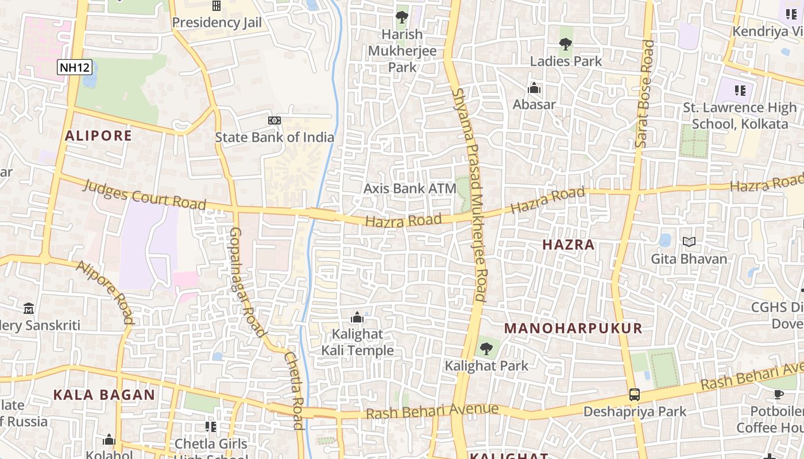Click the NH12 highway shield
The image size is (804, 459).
coord(75,67)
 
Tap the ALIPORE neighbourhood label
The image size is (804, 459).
coord(98,136)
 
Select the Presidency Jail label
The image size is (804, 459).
coord(217,22)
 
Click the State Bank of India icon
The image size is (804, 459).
coord(275,120)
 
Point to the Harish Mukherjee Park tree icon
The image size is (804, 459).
coord(402,17)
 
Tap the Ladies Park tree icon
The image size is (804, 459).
coord(566,44)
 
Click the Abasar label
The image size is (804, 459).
coord(534,104)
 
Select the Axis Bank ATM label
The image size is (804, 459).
coord(410,188)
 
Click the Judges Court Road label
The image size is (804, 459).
coord(144,195)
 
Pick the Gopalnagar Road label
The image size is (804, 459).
coord(248,281)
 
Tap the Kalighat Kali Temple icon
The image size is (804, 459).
coord(357,317)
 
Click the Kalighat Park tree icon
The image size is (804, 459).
coord(486,348)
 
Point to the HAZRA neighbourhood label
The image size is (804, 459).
coord(569,245)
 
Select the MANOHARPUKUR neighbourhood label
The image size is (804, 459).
coord(573,329)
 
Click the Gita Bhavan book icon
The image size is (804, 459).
coord(689,242)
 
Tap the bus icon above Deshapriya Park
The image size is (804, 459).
coord(635,395)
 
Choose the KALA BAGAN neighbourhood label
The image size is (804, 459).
coord(104,395)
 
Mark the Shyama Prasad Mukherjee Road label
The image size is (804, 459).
coord(470,195)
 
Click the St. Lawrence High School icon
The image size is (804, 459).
coord(740,90)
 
